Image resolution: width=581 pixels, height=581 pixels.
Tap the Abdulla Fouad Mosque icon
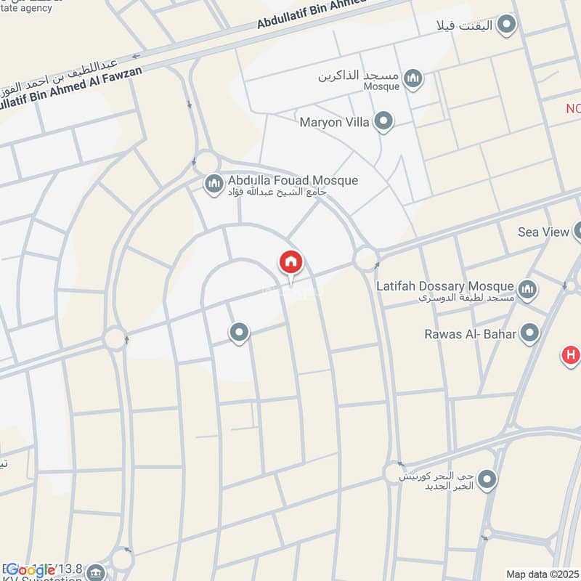click(213, 184)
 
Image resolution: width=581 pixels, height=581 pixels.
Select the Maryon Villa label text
click(334, 122)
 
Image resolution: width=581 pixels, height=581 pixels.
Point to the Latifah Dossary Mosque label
click(445, 286)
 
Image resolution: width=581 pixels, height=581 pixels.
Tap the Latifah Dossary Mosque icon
click(528, 290)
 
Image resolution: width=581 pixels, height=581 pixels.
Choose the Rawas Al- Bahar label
click(471, 334)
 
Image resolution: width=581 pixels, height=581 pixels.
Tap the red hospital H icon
click(572, 356)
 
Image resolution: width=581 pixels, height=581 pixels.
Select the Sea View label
click(543, 232)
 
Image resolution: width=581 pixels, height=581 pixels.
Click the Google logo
click(31, 570)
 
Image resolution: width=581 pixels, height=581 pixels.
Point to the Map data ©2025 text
click(542, 574)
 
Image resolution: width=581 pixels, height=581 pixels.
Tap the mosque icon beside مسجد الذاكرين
click(413, 78)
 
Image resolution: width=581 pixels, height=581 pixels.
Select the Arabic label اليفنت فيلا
click(464, 26)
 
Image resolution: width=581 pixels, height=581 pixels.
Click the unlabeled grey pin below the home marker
click(239, 333)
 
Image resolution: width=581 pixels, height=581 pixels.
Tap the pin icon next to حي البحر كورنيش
click(488, 479)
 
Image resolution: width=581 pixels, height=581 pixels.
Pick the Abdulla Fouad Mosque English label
click(293, 180)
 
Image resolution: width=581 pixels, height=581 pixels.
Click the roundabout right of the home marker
click(365, 258)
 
